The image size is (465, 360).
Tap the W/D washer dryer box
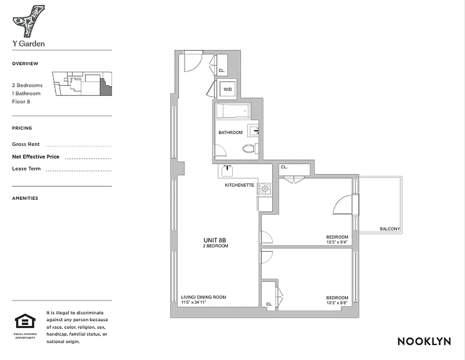click(228, 89)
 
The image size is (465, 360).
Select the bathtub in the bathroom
click(232, 111)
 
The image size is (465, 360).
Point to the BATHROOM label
click(230, 133)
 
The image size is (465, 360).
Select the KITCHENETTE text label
click(240, 185)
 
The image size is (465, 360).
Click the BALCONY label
click(389, 229)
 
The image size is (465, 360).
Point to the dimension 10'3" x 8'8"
click(337, 303)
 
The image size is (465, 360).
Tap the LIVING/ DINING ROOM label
click(203, 297)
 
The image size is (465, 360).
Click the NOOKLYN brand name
click(424, 342)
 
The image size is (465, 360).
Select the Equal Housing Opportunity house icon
click(25, 322)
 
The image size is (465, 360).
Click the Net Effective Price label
click(36, 157)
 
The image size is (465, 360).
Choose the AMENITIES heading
click(25, 198)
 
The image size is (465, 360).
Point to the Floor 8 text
click(21, 102)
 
